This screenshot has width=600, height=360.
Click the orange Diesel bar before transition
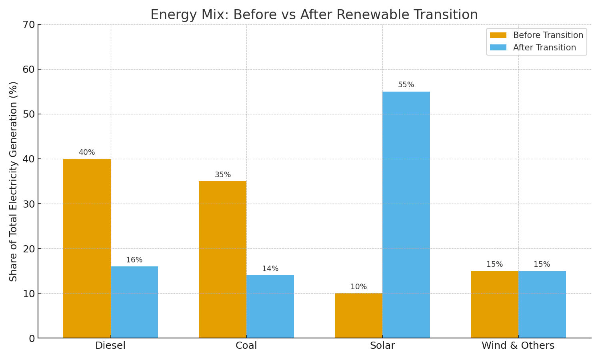click(87, 248)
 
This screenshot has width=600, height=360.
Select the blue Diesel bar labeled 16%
click(134, 302)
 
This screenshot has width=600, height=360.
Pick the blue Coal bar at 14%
click(270, 306)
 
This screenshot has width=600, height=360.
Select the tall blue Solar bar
click(406, 214)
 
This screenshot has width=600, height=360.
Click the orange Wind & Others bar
click(494, 304)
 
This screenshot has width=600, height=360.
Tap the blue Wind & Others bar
click(542, 304)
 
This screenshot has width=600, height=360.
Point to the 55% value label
click(406, 85)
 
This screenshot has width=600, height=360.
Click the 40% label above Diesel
click(87, 152)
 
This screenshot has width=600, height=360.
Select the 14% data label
click(270, 269)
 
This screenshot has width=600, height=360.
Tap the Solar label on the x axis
click(382, 346)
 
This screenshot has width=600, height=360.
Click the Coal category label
click(246, 346)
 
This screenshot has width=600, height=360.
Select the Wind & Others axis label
click(518, 346)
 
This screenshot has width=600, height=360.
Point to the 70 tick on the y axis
click(29, 25)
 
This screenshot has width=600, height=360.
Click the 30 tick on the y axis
click(29, 204)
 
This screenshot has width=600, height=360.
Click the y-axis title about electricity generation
click(14, 181)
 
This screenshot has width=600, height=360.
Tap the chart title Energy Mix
click(314, 15)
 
